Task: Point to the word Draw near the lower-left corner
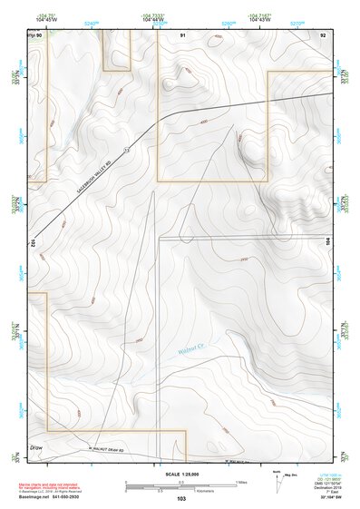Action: click(x=36, y=448)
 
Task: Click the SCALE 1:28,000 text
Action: click(x=180, y=473)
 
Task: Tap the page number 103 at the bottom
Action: click(x=181, y=499)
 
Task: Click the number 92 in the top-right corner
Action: click(x=323, y=34)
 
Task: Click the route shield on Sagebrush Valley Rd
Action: click(x=127, y=149)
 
